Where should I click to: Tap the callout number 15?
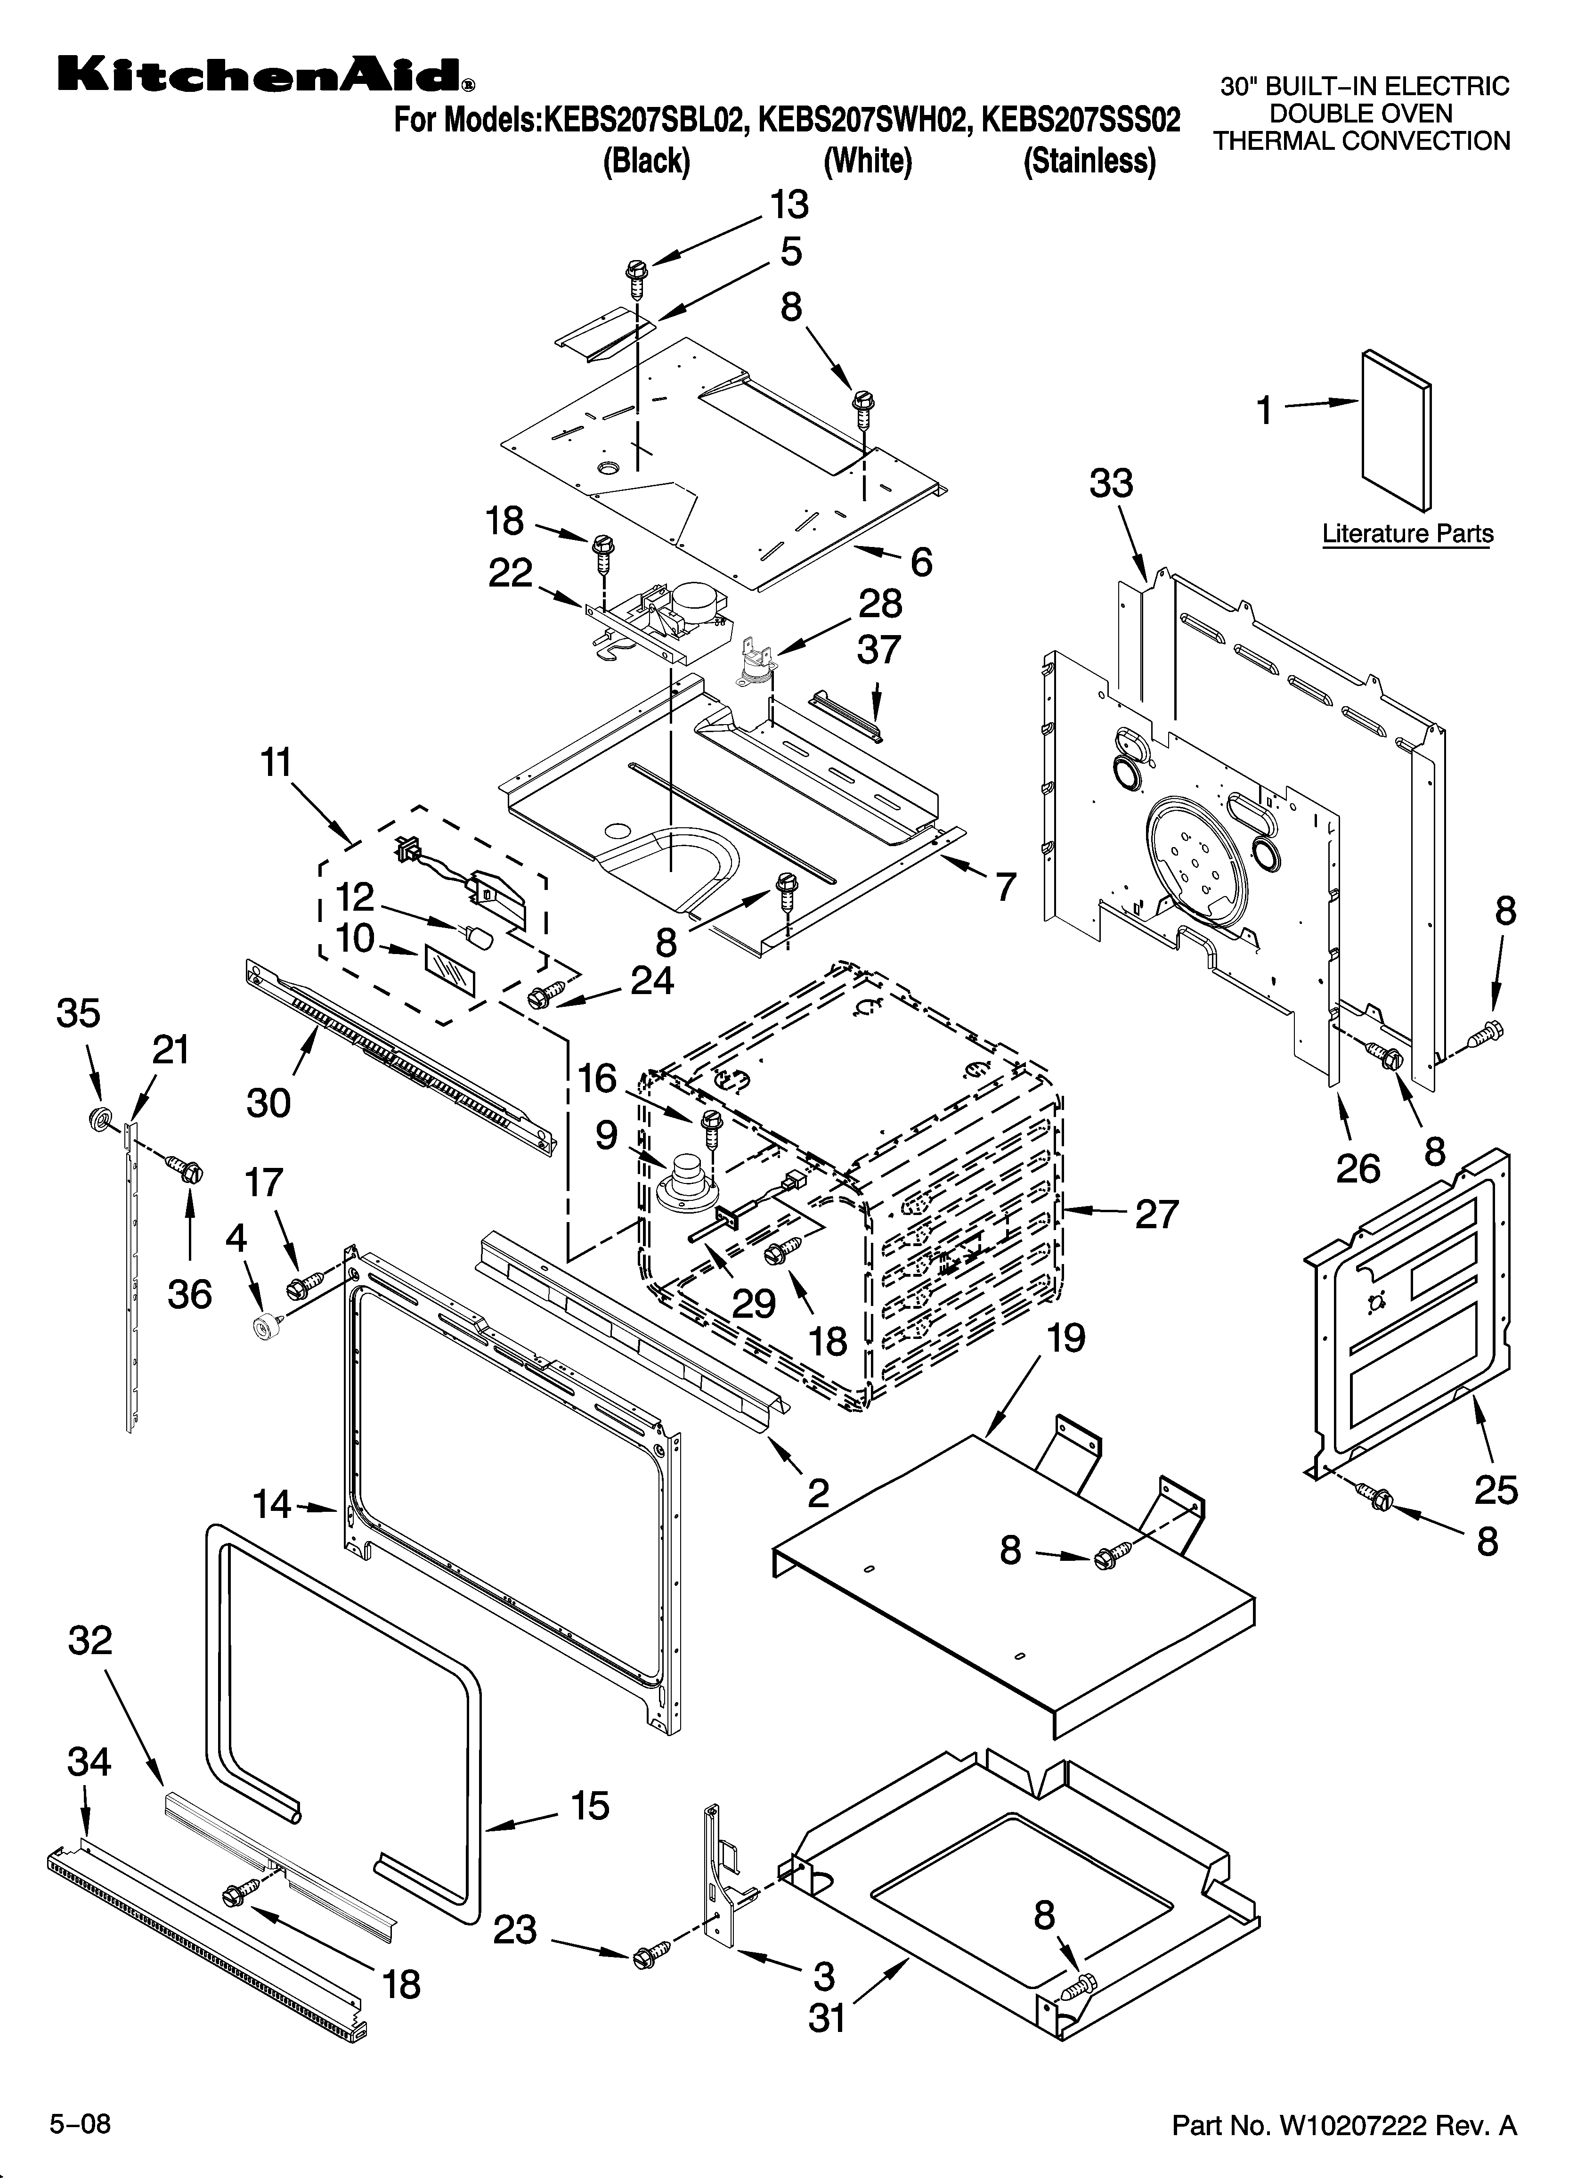click(590, 1805)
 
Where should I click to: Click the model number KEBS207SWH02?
click(862, 120)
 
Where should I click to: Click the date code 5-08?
click(81, 2123)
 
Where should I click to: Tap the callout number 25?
click(1496, 1489)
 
